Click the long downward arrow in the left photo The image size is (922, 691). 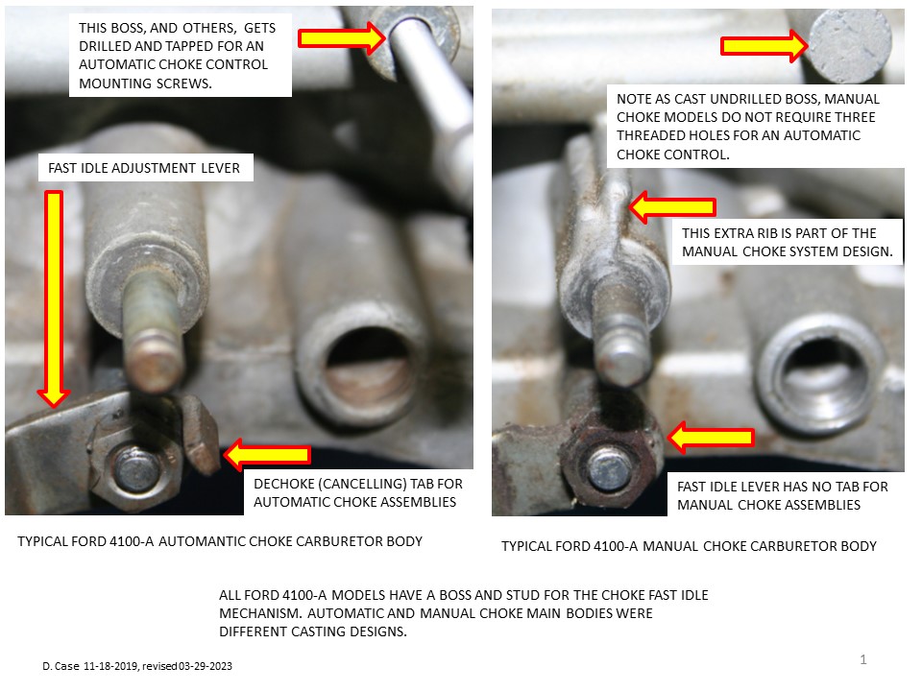[54, 298]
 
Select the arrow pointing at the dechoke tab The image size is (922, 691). [267, 454]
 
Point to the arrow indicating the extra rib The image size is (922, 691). [672, 207]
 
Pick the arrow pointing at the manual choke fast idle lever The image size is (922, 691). [711, 438]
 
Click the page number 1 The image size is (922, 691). [863, 660]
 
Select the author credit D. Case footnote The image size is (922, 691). [137, 666]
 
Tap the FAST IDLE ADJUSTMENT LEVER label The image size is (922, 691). [144, 168]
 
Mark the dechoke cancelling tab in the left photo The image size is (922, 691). [201, 432]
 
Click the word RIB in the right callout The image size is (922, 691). [766, 233]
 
